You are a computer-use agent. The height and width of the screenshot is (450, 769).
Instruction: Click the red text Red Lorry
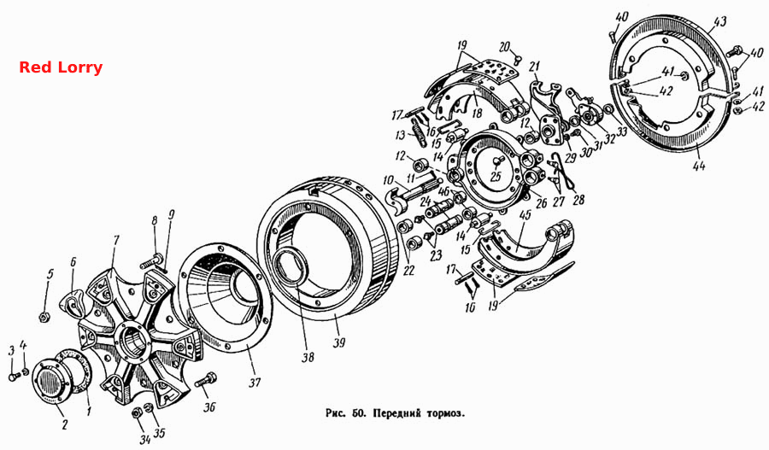61,67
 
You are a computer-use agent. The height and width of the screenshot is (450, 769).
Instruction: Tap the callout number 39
339,342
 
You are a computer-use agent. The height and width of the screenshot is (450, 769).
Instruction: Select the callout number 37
255,382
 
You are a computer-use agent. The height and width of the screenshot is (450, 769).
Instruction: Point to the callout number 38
308,357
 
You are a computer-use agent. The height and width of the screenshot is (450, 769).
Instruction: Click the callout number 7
116,240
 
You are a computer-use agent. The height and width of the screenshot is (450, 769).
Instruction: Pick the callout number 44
699,166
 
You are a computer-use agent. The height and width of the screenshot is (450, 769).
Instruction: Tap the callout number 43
720,21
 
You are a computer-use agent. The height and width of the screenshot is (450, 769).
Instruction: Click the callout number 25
496,176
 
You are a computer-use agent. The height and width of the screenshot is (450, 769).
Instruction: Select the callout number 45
525,215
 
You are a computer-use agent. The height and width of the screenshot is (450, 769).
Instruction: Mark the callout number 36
209,406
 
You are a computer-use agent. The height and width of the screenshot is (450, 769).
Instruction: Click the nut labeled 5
44,318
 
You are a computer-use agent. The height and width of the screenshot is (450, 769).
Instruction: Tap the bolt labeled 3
14,377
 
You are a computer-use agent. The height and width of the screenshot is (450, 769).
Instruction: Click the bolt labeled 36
207,379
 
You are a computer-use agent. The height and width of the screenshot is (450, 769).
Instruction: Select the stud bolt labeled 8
151,260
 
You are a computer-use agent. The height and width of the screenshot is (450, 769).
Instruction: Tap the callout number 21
535,66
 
